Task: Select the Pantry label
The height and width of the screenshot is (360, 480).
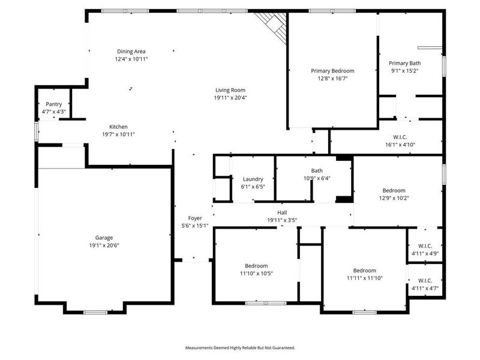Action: click(54, 104)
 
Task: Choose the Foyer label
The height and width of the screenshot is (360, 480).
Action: click(195, 218)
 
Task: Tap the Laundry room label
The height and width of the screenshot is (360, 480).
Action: click(253, 179)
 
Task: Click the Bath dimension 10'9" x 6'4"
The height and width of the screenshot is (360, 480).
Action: click(317, 178)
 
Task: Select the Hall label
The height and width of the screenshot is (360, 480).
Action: click(282, 212)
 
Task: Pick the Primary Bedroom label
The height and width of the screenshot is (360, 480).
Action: click(332, 71)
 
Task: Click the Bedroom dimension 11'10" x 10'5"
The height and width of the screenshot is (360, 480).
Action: click(256, 273)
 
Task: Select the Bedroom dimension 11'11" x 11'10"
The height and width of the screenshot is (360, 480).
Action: click(364, 278)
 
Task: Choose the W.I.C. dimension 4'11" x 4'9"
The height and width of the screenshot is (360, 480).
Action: click(425, 254)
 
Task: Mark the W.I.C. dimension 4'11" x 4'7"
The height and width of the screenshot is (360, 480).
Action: click(425, 288)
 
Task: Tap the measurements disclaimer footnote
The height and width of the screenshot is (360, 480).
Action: click(240, 347)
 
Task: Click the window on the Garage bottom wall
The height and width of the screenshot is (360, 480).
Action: click(95, 312)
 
